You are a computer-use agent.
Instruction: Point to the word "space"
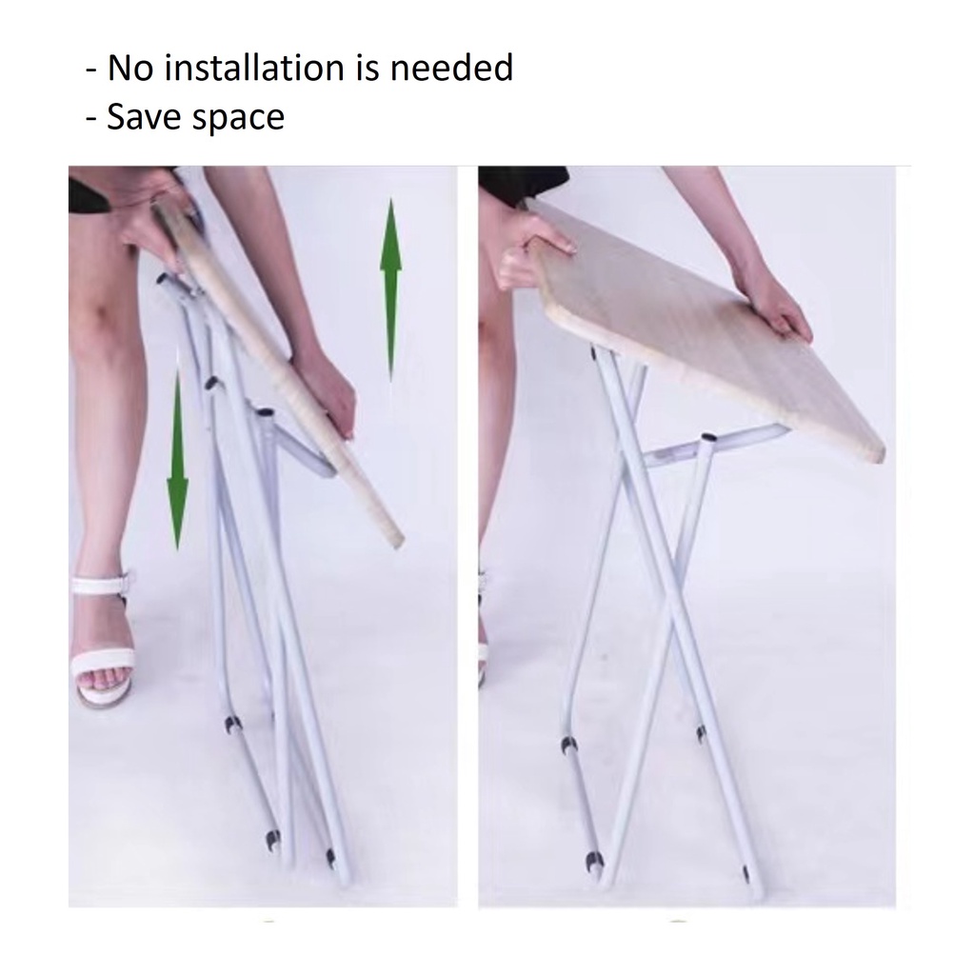pos(239,119)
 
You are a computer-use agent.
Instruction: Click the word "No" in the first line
pos(129,68)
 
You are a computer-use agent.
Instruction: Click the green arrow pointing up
pos(390,289)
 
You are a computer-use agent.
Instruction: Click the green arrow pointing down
pos(178,459)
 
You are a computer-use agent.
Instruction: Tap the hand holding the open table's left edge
pos(531,260)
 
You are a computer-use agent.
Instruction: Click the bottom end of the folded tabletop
pos(395,540)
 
